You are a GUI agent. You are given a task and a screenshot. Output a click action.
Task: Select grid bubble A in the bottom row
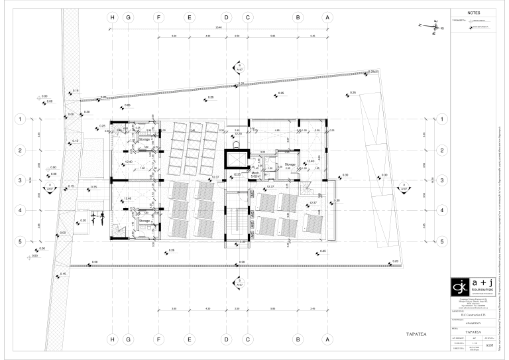327,339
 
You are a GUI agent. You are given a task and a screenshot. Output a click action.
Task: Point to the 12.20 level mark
238,134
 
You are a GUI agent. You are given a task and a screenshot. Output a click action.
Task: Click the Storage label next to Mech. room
290,164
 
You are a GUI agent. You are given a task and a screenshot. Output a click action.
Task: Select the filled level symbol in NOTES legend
470,28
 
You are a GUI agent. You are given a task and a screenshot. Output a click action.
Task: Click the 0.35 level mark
94,187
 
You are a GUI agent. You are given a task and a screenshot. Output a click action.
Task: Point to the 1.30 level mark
336,200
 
